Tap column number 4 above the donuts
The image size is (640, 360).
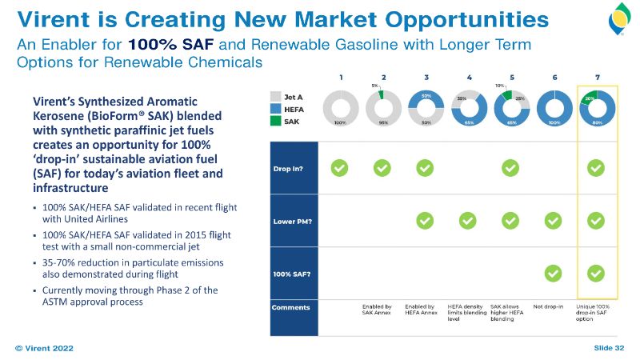(468, 78)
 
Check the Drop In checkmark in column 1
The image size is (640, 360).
(340, 167)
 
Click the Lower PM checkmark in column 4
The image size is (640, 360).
(468, 220)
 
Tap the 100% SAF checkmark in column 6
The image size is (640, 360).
(553, 273)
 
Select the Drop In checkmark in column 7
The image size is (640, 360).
(596, 167)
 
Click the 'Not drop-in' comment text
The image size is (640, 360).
(549, 306)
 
